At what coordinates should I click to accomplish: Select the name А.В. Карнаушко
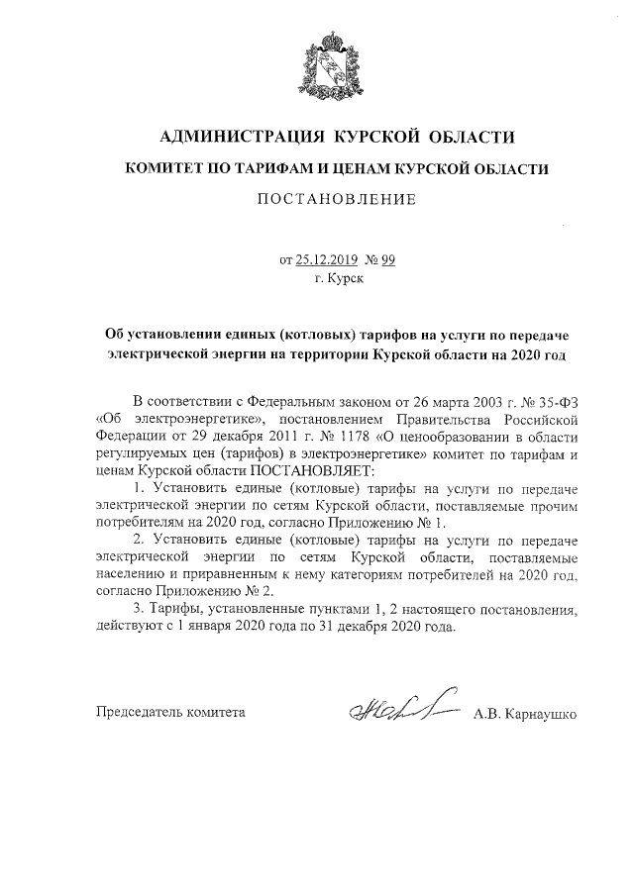[x=525, y=712]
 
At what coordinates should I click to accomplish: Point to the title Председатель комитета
[x=169, y=712]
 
